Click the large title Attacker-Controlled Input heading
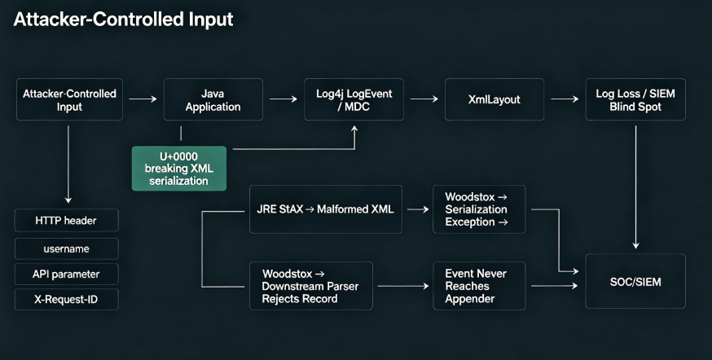coord(124,20)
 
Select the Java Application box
coord(213,99)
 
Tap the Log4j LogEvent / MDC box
coord(354,99)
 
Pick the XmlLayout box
coord(494,99)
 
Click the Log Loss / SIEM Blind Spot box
coord(635,99)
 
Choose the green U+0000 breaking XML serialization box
coord(179,169)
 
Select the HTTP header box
coord(66,220)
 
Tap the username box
coord(66,248)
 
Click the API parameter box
coord(66,274)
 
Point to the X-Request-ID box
coord(66,300)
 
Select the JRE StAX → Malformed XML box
coord(326,209)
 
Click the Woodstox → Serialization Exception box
coord(479,209)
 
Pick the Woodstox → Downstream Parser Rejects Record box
coord(311,286)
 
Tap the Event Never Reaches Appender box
coord(479,286)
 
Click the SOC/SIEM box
coord(635,282)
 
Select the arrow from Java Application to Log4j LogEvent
coord(283,99)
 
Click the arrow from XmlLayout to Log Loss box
coord(565,99)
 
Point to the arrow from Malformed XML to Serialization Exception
coord(418,209)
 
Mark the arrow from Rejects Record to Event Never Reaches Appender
coord(403,286)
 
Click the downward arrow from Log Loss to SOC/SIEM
coord(635,187)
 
